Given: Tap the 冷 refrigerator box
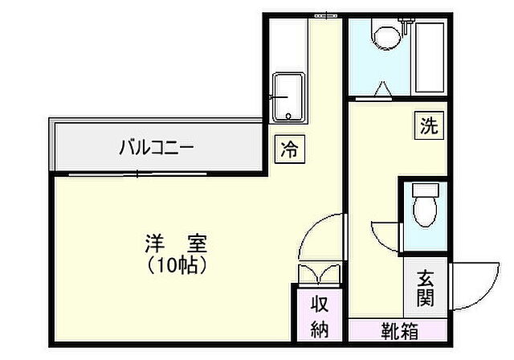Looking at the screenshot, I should point(291,149).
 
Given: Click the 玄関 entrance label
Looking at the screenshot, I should point(425,288).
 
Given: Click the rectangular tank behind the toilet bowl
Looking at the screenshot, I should point(424,191).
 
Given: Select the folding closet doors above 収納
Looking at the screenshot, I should point(318,274).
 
